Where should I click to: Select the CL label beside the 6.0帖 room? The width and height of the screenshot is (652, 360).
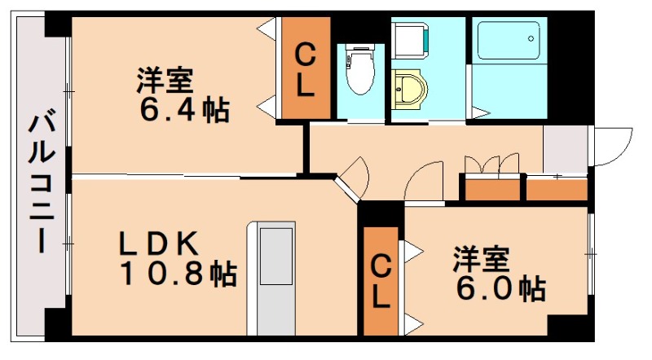click(x=381, y=281)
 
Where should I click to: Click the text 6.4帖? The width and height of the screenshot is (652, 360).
click(x=183, y=110)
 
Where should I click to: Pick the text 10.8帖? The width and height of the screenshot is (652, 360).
click(x=178, y=274)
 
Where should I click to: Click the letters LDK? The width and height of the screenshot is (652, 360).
click(x=160, y=242)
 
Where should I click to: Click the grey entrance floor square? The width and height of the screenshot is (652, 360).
click(x=565, y=149)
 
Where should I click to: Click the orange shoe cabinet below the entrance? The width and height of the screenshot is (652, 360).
click(x=557, y=190)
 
